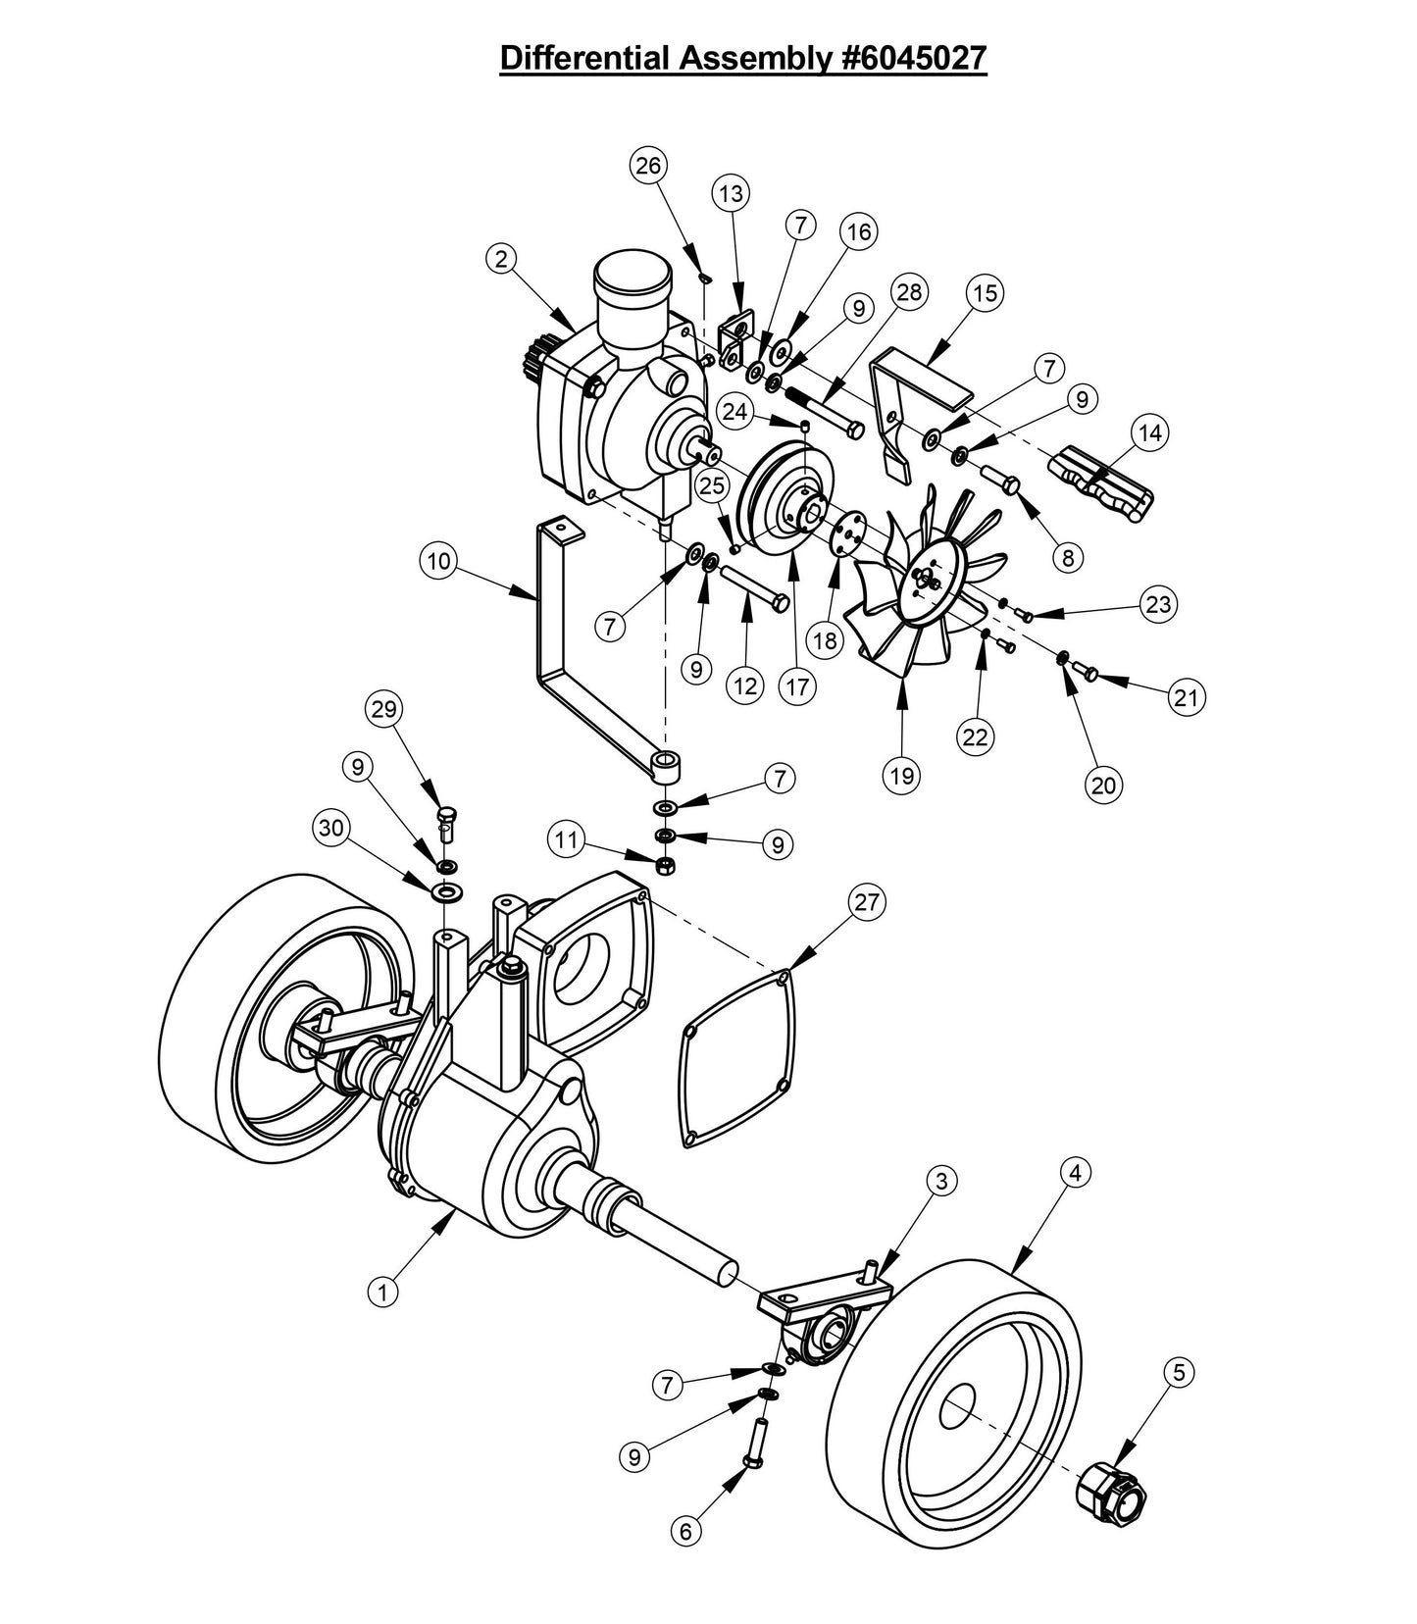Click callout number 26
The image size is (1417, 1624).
point(647,166)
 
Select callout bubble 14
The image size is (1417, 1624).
point(1150,432)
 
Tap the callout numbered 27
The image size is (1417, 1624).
point(867,901)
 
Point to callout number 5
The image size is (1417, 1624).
point(1179,1373)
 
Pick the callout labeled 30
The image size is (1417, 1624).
point(332,829)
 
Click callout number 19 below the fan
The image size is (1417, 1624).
point(901,776)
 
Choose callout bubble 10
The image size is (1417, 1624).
point(438,562)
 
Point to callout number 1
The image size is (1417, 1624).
point(383,1292)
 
